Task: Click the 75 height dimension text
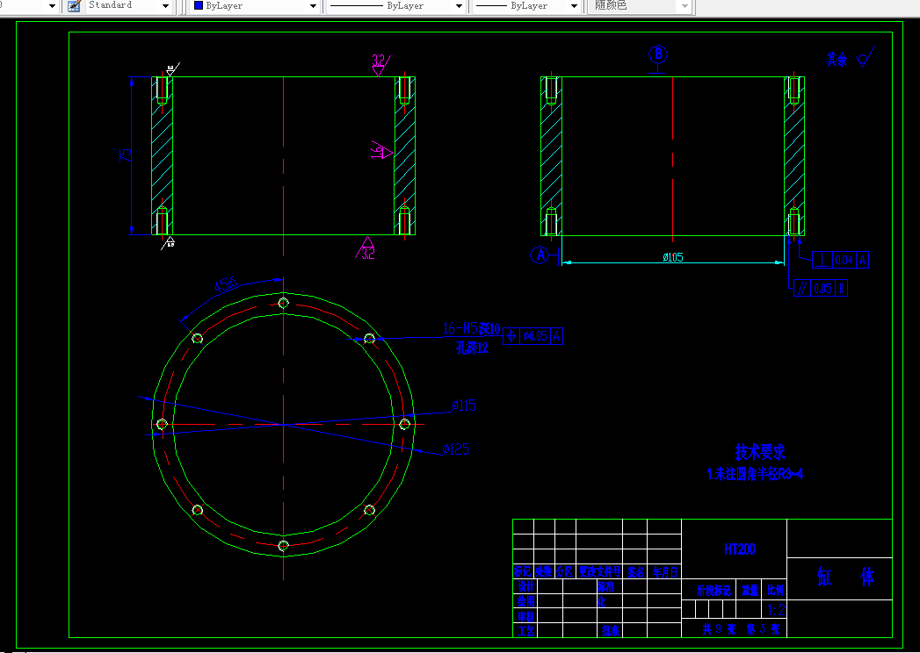[x=127, y=155]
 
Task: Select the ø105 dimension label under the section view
[x=672, y=257]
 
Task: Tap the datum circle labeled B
[x=658, y=54]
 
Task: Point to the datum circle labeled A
[x=541, y=255]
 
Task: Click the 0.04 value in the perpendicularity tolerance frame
[x=844, y=260]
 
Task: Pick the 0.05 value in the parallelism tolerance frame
[x=822, y=288]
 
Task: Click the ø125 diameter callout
[x=455, y=449]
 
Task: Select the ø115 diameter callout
[x=463, y=405]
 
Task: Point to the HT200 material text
[x=740, y=549]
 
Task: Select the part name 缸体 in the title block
[x=845, y=577]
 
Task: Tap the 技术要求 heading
[x=760, y=452]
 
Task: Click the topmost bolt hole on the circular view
[x=283, y=303]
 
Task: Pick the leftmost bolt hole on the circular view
[x=162, y=425]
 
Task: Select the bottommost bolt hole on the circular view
[x=283, y=546]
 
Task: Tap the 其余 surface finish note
[x=837, y=60]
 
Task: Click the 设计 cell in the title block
[x=525, y=586]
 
